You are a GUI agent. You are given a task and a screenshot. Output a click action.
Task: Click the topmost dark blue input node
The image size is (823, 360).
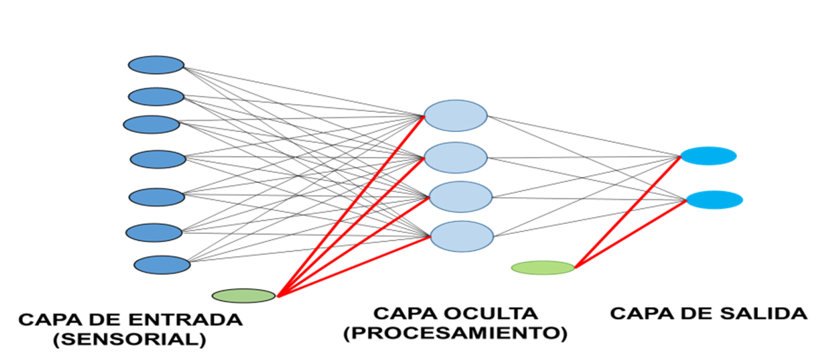point(156,65)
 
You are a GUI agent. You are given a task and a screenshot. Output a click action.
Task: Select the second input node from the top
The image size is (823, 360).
point(156,97)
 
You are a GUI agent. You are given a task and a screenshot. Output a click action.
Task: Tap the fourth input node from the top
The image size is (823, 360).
point(158,159)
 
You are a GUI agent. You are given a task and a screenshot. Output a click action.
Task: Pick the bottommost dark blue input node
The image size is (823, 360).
point(162,265)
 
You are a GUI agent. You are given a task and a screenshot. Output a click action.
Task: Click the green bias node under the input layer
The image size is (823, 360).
point(243,295)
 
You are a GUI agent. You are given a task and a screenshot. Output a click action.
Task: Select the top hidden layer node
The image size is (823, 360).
point(456,115)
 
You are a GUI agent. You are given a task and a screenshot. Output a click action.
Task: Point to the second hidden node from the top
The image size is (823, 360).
point(456,158)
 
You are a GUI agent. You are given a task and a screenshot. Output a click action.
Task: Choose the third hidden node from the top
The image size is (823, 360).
point(461,196)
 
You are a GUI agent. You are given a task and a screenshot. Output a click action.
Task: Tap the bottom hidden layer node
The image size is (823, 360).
point(461,236)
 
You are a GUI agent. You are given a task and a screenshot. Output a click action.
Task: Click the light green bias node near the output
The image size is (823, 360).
point(543,267)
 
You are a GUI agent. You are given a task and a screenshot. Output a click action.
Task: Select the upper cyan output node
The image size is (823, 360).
point(708,156)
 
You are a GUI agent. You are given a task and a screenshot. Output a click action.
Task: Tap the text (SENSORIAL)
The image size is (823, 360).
point(129,339)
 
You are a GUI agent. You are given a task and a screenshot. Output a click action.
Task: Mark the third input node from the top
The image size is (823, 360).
point(152,124)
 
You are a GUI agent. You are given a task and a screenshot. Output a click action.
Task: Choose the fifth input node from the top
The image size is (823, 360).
point(156,197)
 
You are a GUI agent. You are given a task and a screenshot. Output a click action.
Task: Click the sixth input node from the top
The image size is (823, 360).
point(154,232)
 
